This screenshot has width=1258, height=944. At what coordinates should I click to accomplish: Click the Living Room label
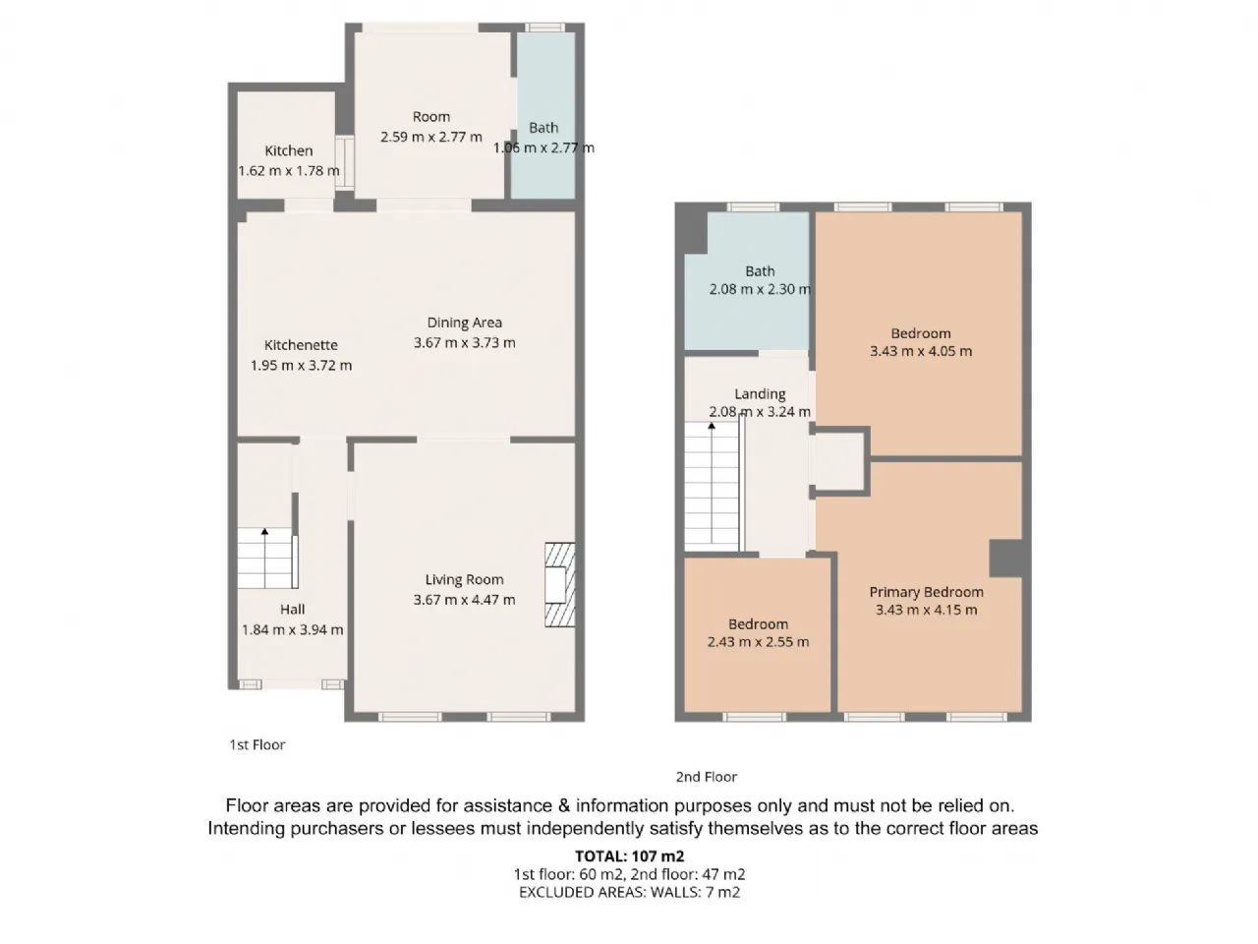tap(464, 579)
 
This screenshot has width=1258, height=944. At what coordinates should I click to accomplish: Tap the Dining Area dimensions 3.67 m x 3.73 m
tap(464, 343)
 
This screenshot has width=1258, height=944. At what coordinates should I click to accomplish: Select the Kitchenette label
tap(301, 345)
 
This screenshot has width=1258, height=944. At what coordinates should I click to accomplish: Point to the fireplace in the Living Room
tap(560, 585)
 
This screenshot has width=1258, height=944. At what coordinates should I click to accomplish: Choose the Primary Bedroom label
tap(926, 592)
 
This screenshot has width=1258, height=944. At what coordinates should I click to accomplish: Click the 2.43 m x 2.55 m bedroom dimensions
tap(758, 642)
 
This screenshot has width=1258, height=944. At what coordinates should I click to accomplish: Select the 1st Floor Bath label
tap(543, 128)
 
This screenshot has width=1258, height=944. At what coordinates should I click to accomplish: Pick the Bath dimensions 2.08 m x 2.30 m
tap(760, 289)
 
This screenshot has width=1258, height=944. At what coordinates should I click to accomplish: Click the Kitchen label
tap(289, 150)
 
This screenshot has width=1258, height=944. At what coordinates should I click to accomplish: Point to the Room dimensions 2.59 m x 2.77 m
tap(431, 137)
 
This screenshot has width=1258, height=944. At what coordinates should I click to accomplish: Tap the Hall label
tap(292, 610)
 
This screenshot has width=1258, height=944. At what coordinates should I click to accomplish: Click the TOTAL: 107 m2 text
tap(629, 856)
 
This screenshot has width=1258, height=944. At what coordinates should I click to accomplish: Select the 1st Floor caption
tap(257, 744)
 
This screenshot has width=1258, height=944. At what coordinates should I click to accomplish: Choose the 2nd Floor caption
tap(706, 777)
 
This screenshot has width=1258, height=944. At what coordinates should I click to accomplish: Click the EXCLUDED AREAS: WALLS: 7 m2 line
tap(629, 893)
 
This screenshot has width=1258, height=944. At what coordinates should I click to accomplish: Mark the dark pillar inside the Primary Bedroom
tap(1006, 559)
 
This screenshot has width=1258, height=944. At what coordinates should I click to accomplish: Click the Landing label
tap(760, 393)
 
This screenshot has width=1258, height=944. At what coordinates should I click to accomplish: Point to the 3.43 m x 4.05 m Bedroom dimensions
tap(921, 351)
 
